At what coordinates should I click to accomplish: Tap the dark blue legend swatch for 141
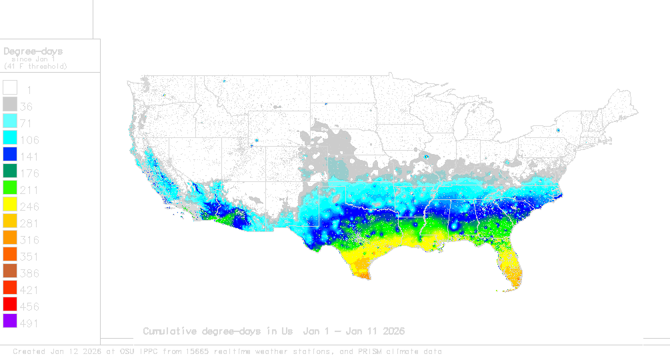[x=10, y=155]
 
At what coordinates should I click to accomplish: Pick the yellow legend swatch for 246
[x=10, y=205]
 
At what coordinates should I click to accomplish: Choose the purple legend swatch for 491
[x=10, y=322]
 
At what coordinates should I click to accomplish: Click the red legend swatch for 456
[x=10, y=305]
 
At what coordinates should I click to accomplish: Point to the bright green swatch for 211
[x=10, y=189]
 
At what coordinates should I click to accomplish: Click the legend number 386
[x=29, y=273]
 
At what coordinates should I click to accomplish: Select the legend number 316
[x=29, y=240]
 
